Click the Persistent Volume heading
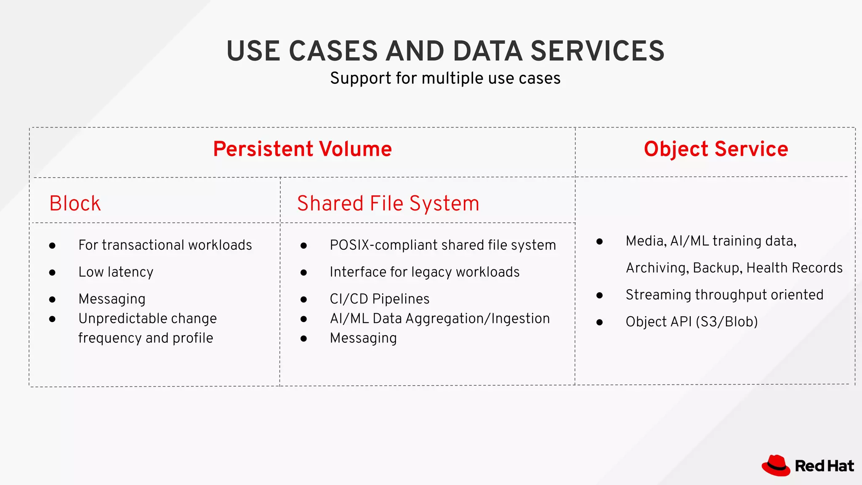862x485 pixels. (x=302, y=149)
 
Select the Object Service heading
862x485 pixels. (x=716, y=149)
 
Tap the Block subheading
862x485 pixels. (x=75, y=203)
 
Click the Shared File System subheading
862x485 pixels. (x=388, y=203)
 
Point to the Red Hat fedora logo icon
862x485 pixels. (x=776, y=466)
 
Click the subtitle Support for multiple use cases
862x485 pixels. (x=445, y=78)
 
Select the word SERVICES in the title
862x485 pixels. (x=597, y=51)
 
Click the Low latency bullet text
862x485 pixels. (x=116, y=272)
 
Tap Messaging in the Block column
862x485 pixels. (x=112, y=299)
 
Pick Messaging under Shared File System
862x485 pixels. (x=363, y=338)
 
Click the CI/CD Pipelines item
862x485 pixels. (x=379, y=299)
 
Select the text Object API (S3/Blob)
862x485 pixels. (x=692, y=322)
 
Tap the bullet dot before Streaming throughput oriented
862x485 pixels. (x=599, y=296)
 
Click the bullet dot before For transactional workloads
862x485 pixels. (x=52, y=245)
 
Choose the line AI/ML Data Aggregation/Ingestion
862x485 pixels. (x=440, y=319)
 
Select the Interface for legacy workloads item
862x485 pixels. (x=424, y=272)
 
